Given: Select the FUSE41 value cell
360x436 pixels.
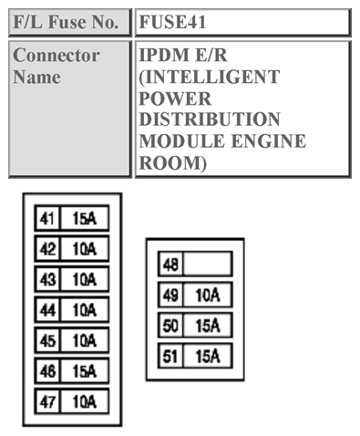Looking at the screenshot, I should (242, 22).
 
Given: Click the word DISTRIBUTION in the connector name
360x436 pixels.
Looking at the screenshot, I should (210, 119).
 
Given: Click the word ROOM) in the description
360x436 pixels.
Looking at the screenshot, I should (173, 163).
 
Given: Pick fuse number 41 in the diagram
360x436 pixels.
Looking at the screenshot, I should (46, 219).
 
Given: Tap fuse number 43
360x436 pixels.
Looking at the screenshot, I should (46, 279).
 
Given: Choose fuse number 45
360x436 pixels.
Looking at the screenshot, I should (46, 340).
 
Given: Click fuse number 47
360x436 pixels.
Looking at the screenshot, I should (46, 400).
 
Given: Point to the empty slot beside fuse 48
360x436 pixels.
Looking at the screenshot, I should (207, 265).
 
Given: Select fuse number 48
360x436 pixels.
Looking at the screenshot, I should (170, 265).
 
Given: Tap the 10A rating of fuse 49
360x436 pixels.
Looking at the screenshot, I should (207, 295).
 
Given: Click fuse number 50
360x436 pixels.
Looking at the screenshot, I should (170, 326).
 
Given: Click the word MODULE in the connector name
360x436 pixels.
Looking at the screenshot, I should (175, 141).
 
